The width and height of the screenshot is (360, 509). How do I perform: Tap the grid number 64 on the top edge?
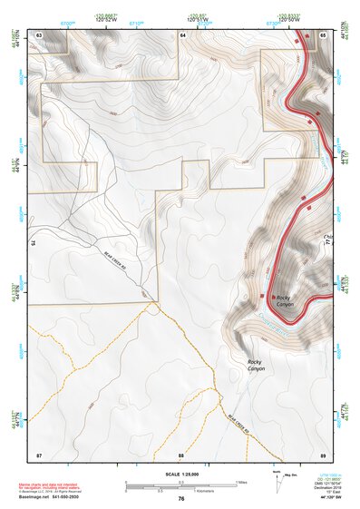click(182, 34)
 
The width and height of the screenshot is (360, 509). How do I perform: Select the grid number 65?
click(323, 34)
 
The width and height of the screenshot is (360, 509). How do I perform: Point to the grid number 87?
click(39, 453)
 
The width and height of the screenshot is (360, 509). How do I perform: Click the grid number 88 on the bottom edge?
click(181, 453)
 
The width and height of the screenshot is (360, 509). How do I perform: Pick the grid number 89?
click(323, 453)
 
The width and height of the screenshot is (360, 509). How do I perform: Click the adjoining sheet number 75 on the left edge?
click(32, 243)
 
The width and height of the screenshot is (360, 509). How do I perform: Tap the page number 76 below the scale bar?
click(181, 499)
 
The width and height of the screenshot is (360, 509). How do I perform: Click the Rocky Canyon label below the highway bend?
click(258, 367)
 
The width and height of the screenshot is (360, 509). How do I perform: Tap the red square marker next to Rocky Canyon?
click(262, 296)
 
